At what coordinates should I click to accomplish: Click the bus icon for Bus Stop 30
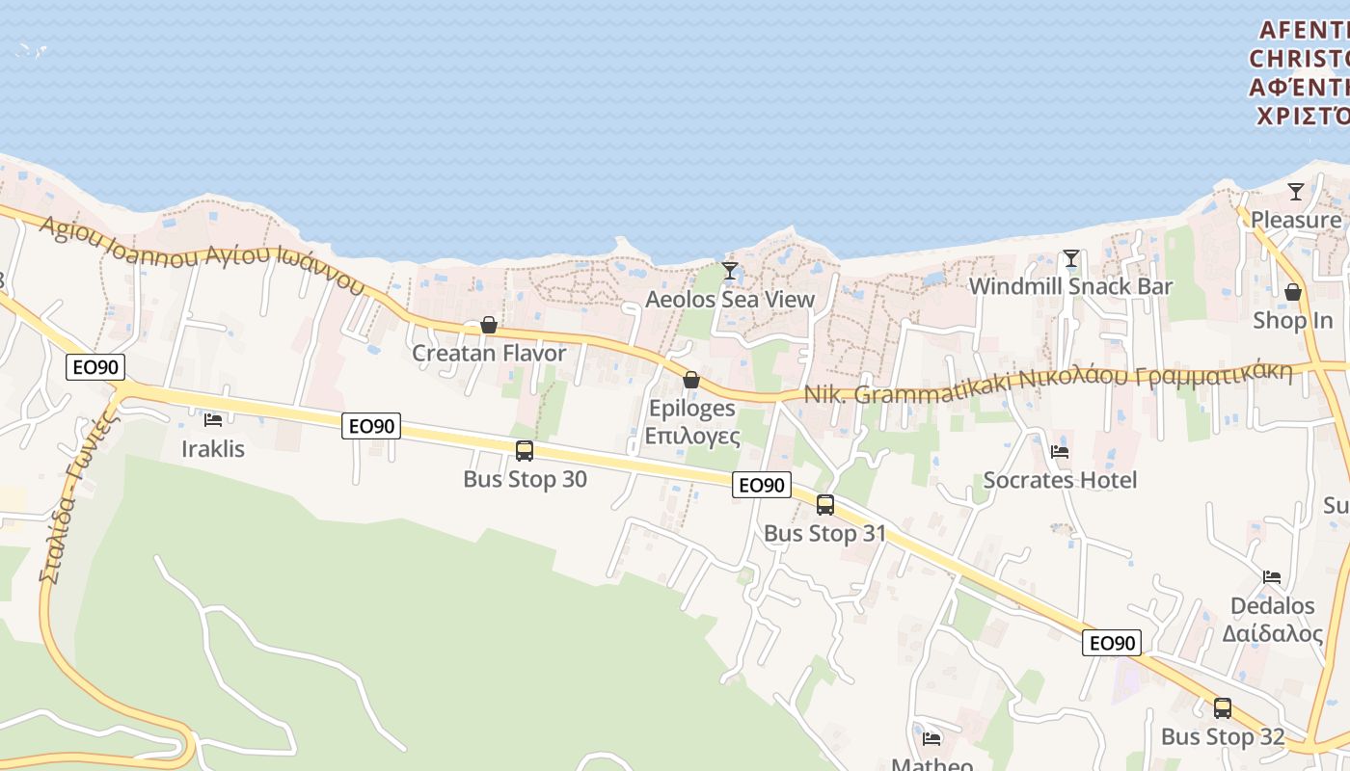pos(525,450)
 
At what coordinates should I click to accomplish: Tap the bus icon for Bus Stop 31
pos(825,504)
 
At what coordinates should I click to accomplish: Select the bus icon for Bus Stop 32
pos(1223,708)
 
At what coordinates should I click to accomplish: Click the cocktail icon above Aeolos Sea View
pos(730,271)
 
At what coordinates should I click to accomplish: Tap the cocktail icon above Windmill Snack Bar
pos(1070,258)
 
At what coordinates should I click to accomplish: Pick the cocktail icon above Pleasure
pos(1296,192)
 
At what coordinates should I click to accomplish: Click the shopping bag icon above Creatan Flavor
pos(489,325)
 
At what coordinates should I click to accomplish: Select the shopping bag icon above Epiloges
pos(691,380)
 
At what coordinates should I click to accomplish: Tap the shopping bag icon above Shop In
pos(1293,292)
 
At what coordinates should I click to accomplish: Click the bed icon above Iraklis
pos(213,419)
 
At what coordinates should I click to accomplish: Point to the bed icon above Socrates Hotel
pos(1060,451)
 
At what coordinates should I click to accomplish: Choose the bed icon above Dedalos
pos(1272,577)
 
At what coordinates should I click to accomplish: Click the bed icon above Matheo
pos(931,739)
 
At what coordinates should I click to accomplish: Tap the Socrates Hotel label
pos(1060,480)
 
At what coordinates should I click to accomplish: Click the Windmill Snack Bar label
pos(1070,286)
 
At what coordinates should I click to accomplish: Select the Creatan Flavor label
pos(489,354)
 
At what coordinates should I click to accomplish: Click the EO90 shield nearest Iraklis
pos(94,367)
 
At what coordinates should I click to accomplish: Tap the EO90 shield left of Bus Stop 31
pos(762,485)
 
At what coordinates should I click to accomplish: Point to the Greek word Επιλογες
pos(692,436)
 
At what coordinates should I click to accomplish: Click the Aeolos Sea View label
pos(730,300)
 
